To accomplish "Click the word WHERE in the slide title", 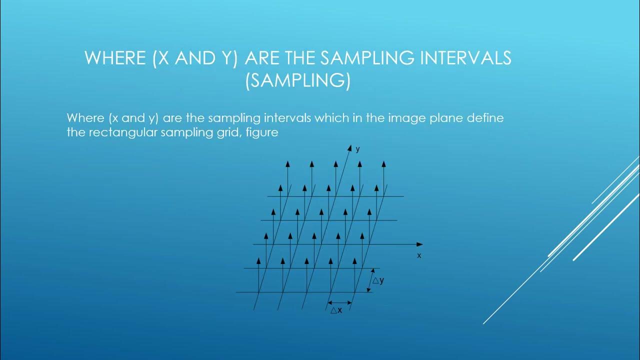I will click(x=115, y=58).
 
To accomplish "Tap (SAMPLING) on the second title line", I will click(x=297, y=81).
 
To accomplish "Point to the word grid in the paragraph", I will click(x=230, y=133).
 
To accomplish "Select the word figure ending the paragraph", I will click(x=262, y=133).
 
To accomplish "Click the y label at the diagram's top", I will click(x=357, y=149).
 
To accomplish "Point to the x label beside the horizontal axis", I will click(x=419, y=255).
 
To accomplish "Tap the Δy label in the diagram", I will click(x=378, y=280).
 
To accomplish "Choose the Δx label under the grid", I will click(x=336, y=310).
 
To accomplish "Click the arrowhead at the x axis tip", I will click(x=419, y=244).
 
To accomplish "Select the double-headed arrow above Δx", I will click(x=339, y=302).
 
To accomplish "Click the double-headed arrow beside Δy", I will click(x=371, y=280).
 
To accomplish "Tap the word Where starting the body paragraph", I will click(x=83, y=119).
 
